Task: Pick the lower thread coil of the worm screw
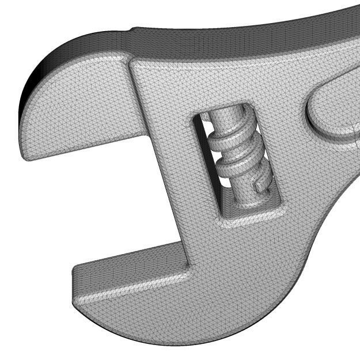239,166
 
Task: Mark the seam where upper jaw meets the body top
131,58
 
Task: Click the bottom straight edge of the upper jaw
86,147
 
